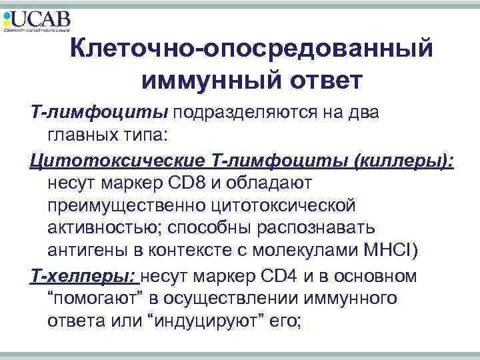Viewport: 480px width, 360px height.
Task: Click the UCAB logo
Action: point(37,20)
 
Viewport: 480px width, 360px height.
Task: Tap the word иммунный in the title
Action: point(196,80)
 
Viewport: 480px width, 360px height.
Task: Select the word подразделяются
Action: point(253,113)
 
